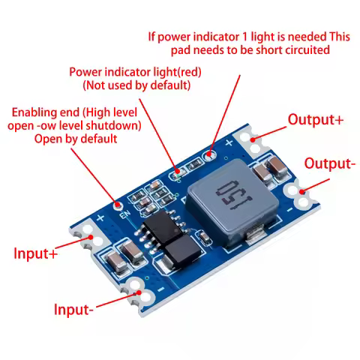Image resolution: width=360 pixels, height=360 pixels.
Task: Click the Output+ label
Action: click(x=316, y=119)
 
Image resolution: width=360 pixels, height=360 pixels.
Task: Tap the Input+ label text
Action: click(x=35, y=253)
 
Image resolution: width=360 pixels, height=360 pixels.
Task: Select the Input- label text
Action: click(x=73, y=309)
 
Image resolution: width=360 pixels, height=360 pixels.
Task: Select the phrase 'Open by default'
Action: click(x=76, y=139)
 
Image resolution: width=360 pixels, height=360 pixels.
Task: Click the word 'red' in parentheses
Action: click(x=187, y=72)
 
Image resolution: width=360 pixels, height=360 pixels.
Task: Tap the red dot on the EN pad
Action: click(x=117, y=204)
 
